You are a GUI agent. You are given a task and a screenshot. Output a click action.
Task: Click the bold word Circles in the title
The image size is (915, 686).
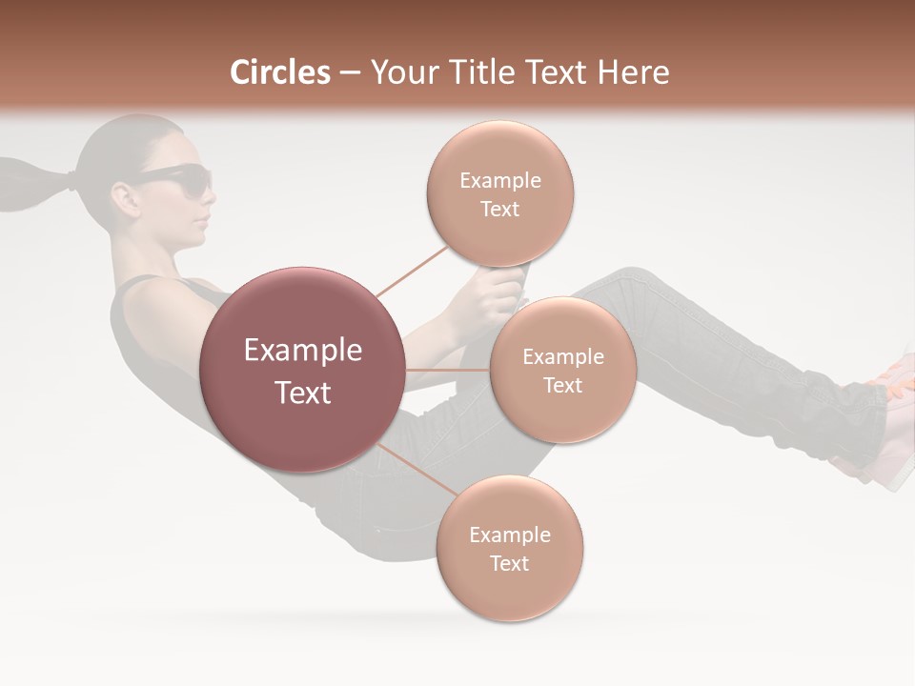(279, 72)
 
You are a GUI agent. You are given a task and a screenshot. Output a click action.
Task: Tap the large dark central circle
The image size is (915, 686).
(302, 370)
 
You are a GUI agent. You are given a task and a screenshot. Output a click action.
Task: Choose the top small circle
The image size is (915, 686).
(499, 193)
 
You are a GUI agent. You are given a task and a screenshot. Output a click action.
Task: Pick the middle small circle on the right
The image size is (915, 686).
(562, 370)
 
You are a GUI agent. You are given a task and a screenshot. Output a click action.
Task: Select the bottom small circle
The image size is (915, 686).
(509, 548)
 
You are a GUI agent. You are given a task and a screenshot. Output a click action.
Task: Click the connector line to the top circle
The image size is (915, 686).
(412, 270)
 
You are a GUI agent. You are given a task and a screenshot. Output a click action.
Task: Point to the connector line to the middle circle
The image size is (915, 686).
(448, 370)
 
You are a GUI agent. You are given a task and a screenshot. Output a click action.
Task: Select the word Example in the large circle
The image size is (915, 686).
(302, 351)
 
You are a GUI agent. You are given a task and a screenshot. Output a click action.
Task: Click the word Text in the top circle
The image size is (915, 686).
(499, 210)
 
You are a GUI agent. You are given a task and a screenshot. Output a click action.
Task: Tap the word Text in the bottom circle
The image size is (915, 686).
(509, 563)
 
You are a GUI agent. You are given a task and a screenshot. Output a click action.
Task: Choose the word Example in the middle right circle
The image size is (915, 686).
(562, 357)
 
